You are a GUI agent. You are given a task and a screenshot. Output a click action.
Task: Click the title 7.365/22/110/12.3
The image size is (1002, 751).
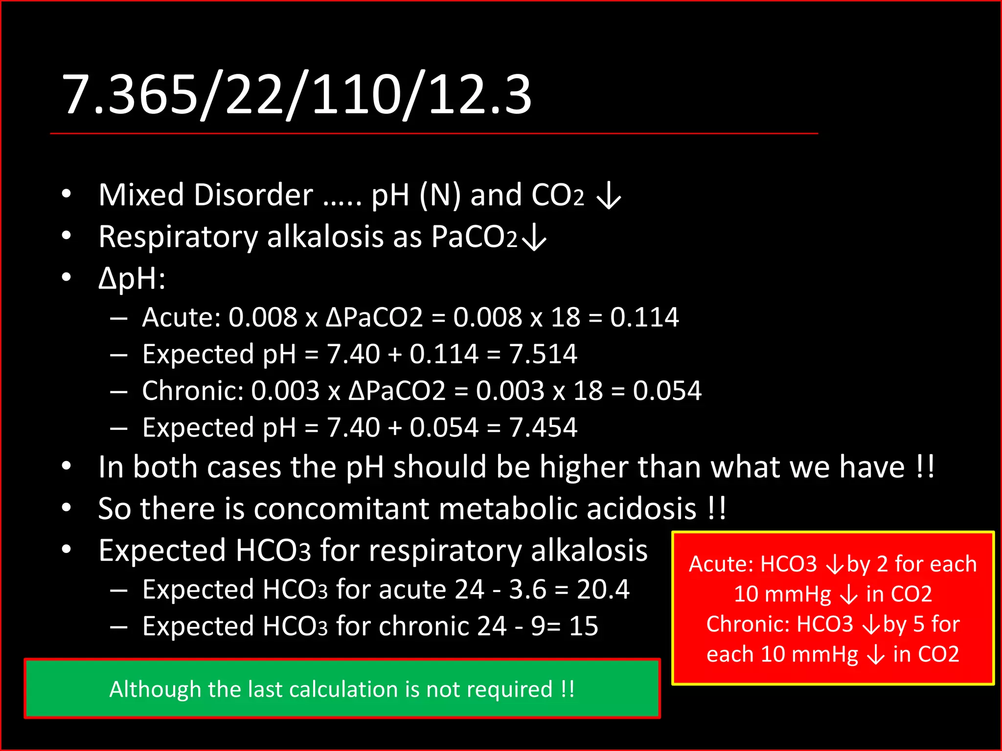click(x=296, y=94)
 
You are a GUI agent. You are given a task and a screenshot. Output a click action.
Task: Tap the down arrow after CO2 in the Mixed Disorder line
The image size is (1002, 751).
click(x=609, y=196)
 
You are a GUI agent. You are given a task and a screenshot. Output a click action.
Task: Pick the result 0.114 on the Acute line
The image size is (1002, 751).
click(x=644, y=317)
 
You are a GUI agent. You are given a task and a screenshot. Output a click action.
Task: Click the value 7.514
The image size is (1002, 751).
click(x=543, y=354)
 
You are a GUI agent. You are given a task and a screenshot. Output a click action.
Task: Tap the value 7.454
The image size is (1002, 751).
click(x=543, y=427)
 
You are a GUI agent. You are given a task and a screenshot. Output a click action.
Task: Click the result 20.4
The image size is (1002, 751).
click(x=603, y=589)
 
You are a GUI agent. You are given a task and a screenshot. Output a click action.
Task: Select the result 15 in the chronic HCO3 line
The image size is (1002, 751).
click(x=584, y=626)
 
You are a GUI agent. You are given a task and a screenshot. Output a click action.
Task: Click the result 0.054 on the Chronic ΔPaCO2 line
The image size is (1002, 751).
click(x=667, y=391)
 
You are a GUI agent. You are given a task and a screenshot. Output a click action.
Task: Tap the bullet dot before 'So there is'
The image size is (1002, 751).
click(x=67, y=508)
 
